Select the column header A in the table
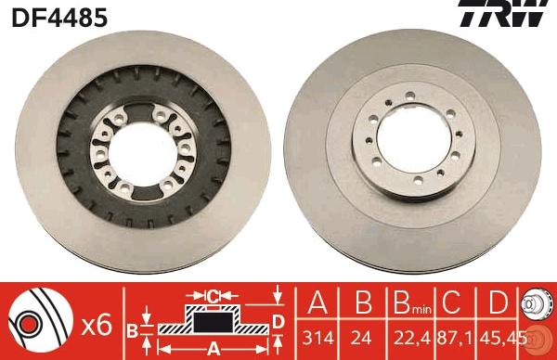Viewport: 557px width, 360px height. click(317, 303)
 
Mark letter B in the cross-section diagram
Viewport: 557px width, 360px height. click(132, 328)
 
